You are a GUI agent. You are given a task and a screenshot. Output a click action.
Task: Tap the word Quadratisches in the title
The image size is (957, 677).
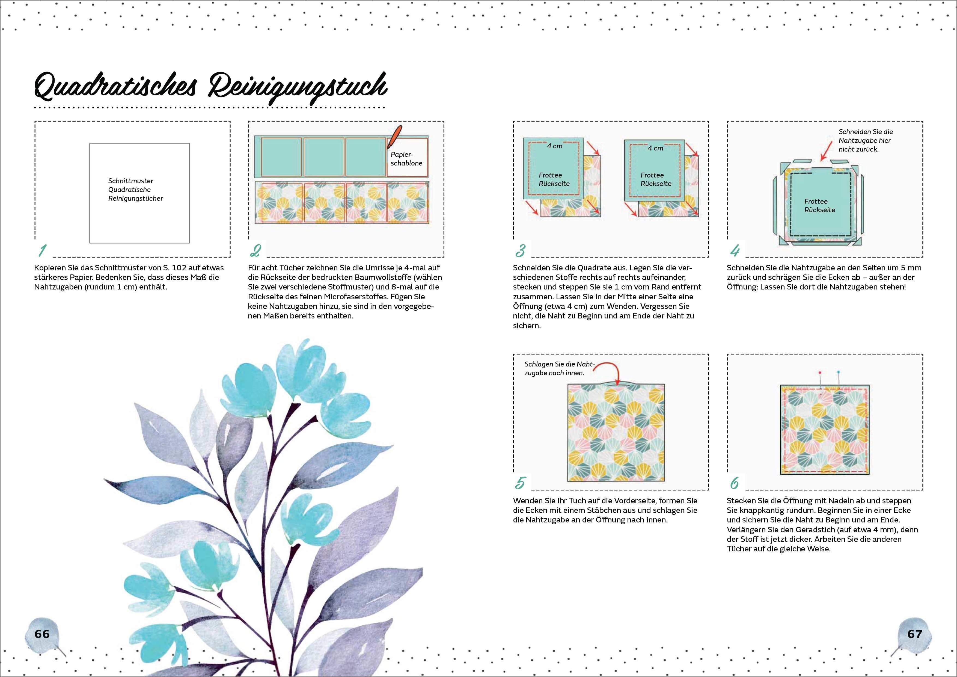[x=115, y=88]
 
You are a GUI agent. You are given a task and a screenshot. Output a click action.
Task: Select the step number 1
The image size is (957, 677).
[x=42, y=250]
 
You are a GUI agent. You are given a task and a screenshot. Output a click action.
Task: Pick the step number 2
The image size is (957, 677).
[x=255, y=250]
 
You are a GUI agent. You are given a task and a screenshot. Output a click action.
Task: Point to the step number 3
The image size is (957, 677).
[x=521, y=250]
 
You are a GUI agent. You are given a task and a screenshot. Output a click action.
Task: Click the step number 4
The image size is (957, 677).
[x=735, y=250]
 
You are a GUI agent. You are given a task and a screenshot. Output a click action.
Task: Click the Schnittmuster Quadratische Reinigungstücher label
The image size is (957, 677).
[x=135, y=189]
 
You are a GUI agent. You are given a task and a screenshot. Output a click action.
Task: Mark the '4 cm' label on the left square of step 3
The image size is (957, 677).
[x=554, y=146]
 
